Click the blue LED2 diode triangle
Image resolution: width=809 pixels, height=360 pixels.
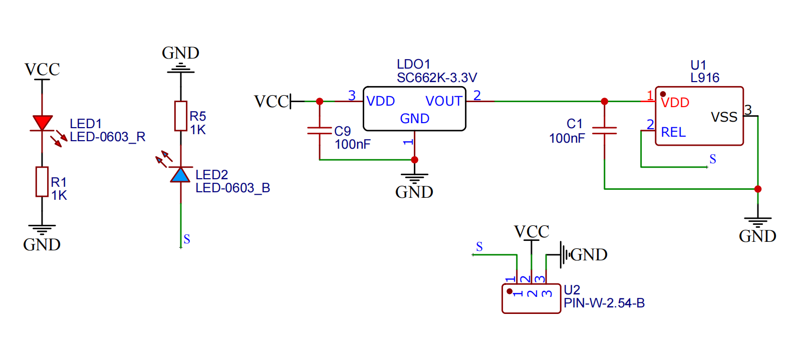click(180, 175)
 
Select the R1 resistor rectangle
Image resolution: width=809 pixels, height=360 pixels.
click(42, 181)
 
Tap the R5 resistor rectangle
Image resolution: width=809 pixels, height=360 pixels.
click(181, 116)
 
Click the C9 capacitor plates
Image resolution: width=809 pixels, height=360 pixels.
click(320, 131)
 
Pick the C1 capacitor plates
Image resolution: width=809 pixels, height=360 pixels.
click(604, 131)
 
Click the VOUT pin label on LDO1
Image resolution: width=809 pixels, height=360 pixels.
click(443, 101)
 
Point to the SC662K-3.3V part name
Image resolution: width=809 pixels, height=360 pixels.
click(437, 78)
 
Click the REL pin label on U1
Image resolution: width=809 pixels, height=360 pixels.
click(673, 132)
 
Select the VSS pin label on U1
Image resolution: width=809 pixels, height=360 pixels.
click(724, 117)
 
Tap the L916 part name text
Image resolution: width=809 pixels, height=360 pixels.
click(705, 78)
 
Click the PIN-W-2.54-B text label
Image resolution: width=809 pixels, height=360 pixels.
click(604, 303)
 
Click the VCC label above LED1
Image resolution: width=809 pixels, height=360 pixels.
click(42, 69)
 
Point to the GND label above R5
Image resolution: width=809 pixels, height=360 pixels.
click(180, 53)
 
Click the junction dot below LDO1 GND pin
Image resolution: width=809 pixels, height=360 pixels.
click(414, 160)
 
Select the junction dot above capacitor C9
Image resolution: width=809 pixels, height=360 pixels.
click(320, 101)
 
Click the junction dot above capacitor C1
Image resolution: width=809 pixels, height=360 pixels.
click(604, 101)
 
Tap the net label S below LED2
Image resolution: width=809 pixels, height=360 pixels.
click(187, 239)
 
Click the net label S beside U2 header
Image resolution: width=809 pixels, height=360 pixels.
click(479, 247)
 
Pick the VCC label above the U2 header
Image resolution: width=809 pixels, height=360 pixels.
click(531, 231)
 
